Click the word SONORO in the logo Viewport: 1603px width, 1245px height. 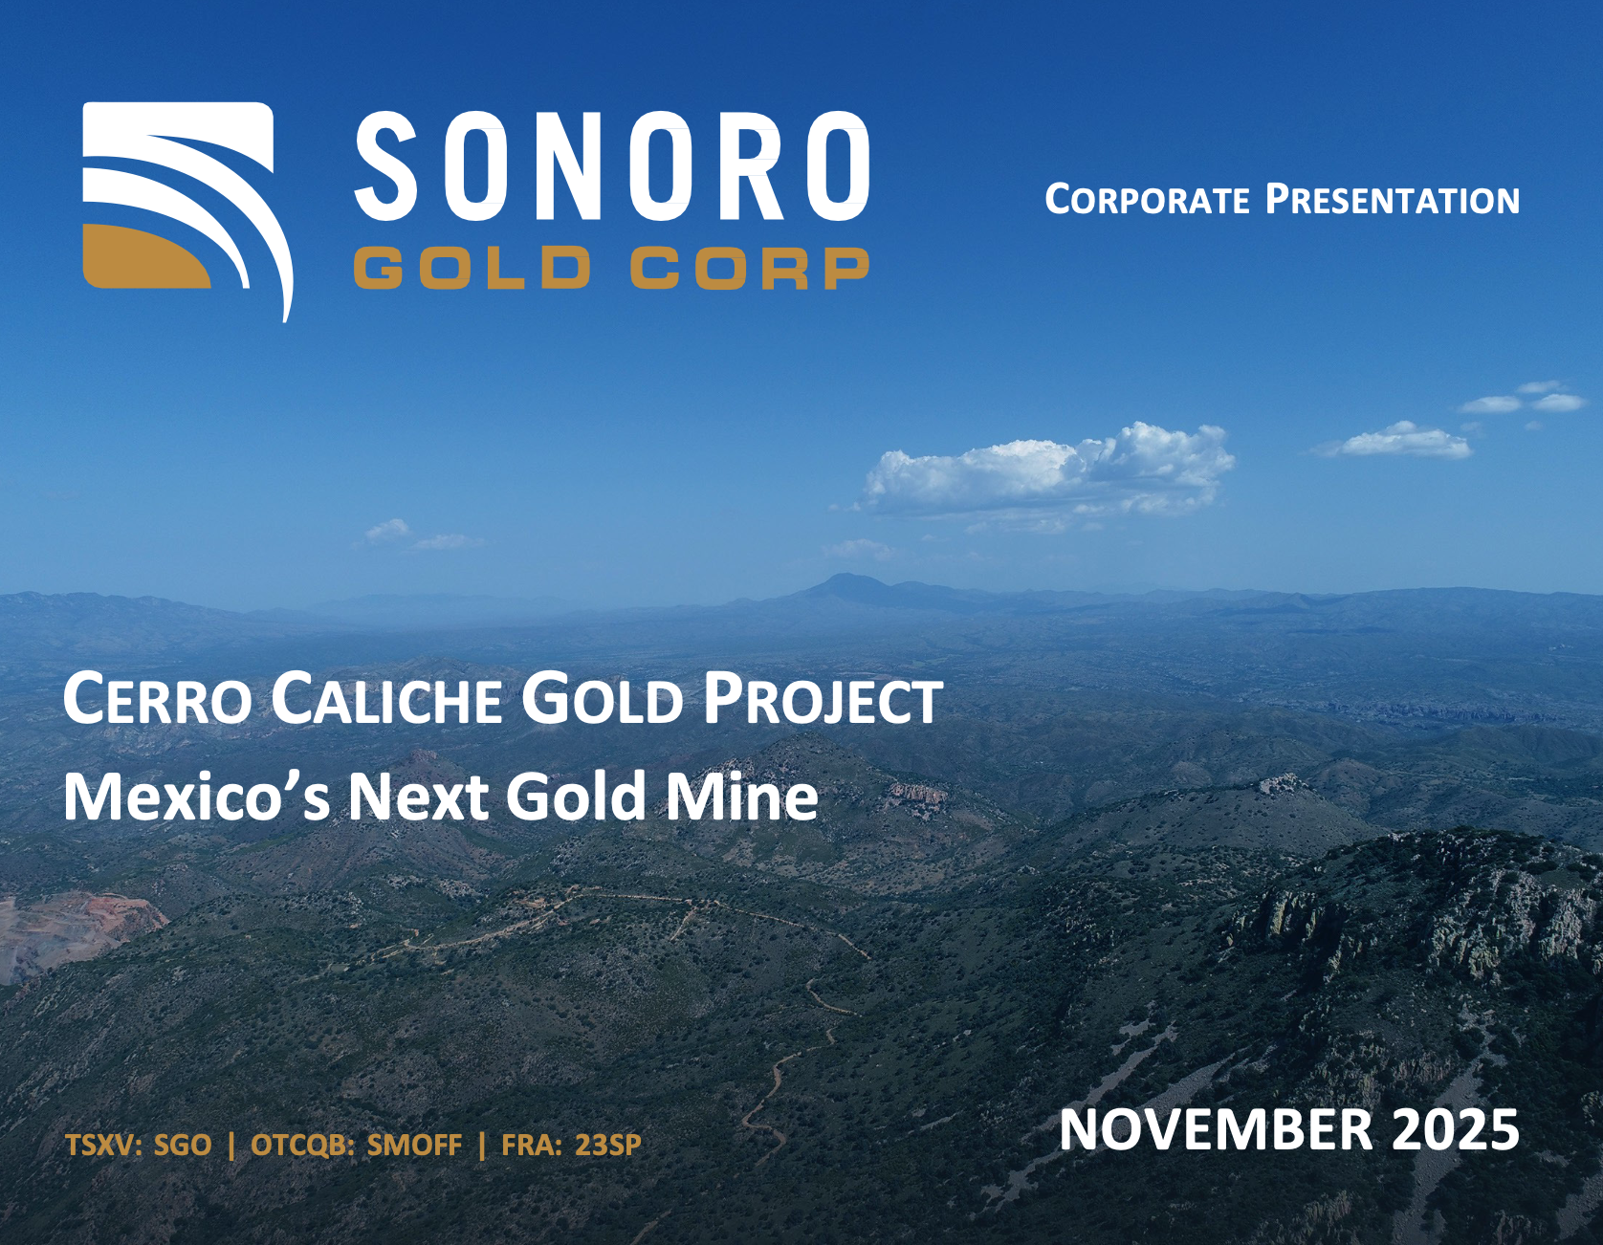point(612,165)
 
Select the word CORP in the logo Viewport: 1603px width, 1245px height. point(750,268)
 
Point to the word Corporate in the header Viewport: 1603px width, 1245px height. point(1147,200)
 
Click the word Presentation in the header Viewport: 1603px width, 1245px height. point(1393,200)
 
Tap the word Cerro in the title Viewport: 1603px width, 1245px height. point(157,700)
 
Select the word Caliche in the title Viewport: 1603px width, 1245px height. point(386,700)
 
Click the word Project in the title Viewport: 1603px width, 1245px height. point(823,700)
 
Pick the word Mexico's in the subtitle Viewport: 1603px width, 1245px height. point(196,797)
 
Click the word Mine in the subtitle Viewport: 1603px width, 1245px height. point(742,797)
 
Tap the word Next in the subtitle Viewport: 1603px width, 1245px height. point(417,797)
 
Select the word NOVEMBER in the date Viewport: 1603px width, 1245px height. point(1217,1129)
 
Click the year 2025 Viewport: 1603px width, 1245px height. point(1456,1129)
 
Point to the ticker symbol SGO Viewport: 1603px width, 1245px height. point(183,1145)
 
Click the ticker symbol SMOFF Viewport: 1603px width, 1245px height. point(414,1145)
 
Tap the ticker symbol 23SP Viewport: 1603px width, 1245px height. point(607,1145)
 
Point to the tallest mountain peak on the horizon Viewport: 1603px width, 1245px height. point(845,578)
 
